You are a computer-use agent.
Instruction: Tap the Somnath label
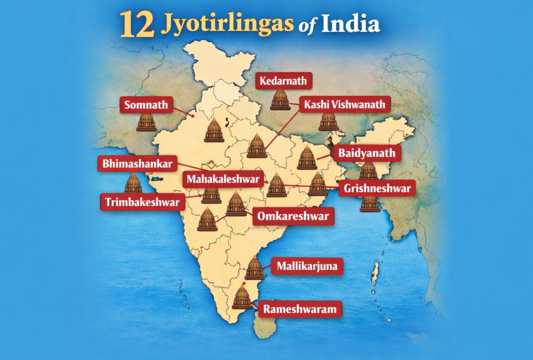[146, 104]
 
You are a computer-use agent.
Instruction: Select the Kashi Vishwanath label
[345, 104]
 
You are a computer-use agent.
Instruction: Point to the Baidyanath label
[367, 153]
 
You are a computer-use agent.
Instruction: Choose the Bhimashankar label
[137, 164]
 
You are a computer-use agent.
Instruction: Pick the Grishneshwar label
[377, 189]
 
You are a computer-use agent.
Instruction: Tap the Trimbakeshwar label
[141, 202]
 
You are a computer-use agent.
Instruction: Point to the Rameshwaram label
[299, 309]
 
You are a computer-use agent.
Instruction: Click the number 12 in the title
[136, 25]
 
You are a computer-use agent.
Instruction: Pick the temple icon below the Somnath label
[147, 121]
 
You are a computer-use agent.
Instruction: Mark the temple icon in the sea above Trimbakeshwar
[133, 183]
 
